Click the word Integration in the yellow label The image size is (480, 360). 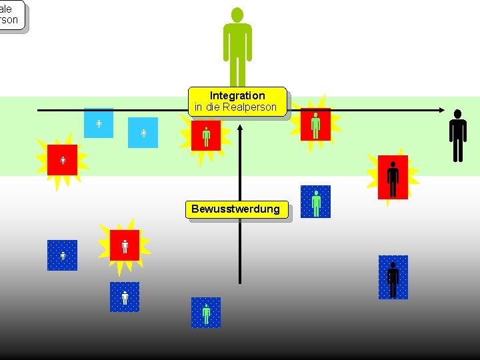click(237, 95)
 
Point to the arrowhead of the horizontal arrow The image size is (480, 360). click(442, 110)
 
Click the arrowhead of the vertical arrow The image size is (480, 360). click(239, 124)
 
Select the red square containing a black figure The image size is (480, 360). click(393, 177)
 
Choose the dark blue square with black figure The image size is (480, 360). click(393, 277)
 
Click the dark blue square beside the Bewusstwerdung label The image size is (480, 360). click(315, 202)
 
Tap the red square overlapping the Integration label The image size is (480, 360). click(205, 135)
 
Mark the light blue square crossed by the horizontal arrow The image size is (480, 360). click(99, 123)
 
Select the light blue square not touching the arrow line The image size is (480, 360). click(143, 133)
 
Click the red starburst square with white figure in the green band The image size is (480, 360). click(62, 160)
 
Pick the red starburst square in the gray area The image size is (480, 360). click(125, 245)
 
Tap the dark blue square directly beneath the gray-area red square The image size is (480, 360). click(125, 297)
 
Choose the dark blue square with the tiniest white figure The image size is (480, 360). click(62, 255)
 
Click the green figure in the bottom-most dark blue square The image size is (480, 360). click(206, 312)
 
